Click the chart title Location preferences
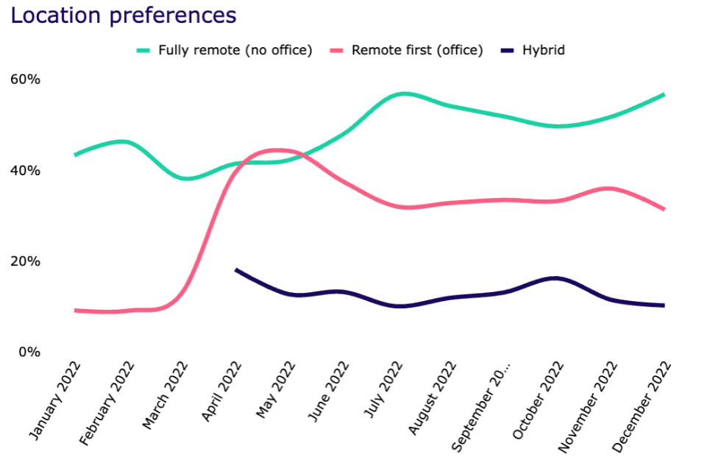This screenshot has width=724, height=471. click(124, 15)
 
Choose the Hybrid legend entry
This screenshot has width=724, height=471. click(543, 51)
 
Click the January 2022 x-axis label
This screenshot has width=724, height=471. click(55, 401)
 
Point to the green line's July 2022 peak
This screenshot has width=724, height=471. click(402, 93)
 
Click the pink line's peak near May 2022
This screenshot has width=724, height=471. click(275, 150)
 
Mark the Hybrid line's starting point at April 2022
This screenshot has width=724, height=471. click(235, 270)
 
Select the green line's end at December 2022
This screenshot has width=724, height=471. click(664, 94)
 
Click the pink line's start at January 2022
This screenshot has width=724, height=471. click(75, 311)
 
